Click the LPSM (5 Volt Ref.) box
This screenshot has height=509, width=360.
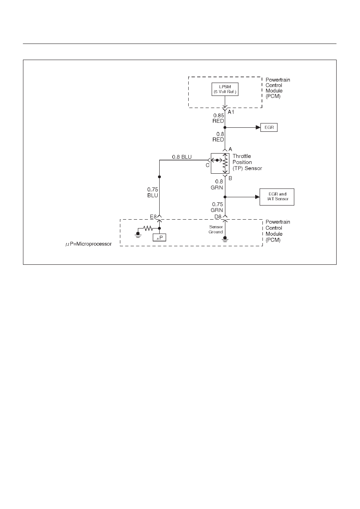pyautogui.click(x=225, y=89)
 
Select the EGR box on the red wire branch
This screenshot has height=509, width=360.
pyautogui.click(x=269, y=127)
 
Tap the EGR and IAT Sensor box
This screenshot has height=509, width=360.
pyautogui.click(x=277, y=197)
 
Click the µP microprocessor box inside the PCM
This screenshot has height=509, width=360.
pyautogui.click(x=159, y=237)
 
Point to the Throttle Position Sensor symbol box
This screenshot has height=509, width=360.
pyautogui.click(x=220, y=163)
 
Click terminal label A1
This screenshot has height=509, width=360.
pyautogui.click(x=231, y=112)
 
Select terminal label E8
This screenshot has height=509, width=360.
pyautogui.click(x=153, y=216)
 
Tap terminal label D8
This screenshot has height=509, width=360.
pyautogui.click(x=218, y=216)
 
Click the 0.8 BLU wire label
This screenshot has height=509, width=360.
pyautogui.click(x=182, y=157)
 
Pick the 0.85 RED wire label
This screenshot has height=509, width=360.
pyautogui.click(x=218, y=118)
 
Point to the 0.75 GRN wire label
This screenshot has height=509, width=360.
pyautogui.click(x=217, y=207)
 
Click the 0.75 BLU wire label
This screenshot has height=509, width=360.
pyautogui.click(x=152, y=193)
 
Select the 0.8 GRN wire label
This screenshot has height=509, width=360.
pyautogui.click(x=217, y=185)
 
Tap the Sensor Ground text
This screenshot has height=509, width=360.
pyautogui.click(x=216, y=229)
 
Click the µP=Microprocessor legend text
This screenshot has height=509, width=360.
pyautogui.click(x=89, y=244)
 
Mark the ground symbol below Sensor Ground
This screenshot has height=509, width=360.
pyautogui.click(x=225, y=239)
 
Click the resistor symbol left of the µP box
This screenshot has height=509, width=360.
pyautogui.click(x=148, y=228)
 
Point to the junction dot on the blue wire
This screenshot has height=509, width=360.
pyautogui.click(x=159, y=177)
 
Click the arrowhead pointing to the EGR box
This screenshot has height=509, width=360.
pyautogui.click(x=258, y=127)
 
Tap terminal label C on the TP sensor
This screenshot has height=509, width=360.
pyautogui.click(x=208, y=165)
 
